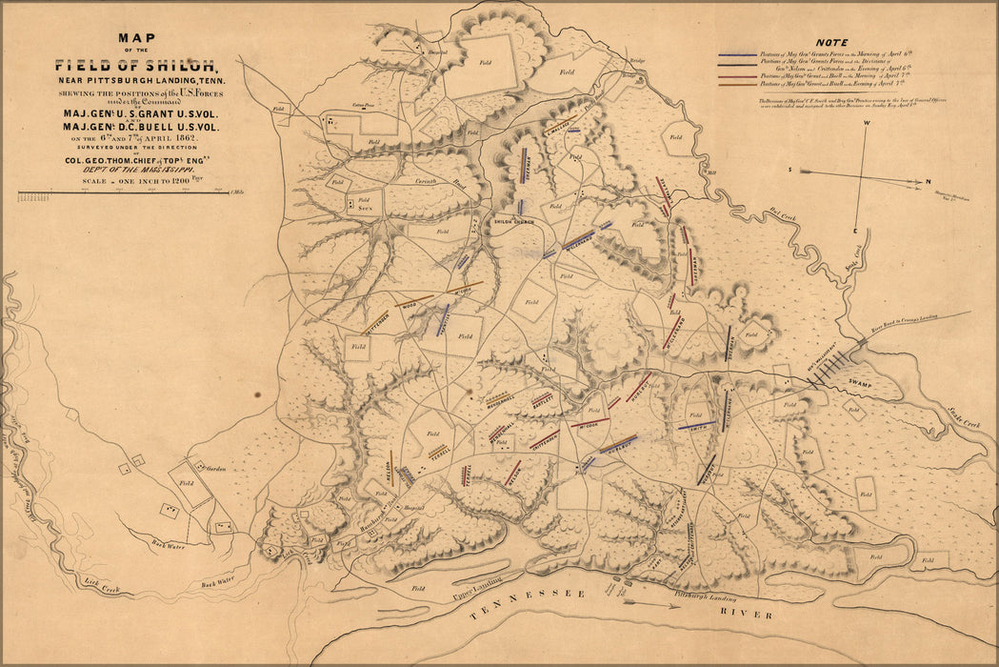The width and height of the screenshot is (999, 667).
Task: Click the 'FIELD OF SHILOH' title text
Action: (135, 66)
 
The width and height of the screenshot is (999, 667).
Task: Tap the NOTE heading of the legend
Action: (833, 42)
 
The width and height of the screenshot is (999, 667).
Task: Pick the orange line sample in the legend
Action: (737, 84)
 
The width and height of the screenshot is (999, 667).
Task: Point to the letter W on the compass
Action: (867, 124)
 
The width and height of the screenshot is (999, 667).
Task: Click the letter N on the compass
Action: (929, 180)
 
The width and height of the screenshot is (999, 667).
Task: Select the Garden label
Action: (214, 469)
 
